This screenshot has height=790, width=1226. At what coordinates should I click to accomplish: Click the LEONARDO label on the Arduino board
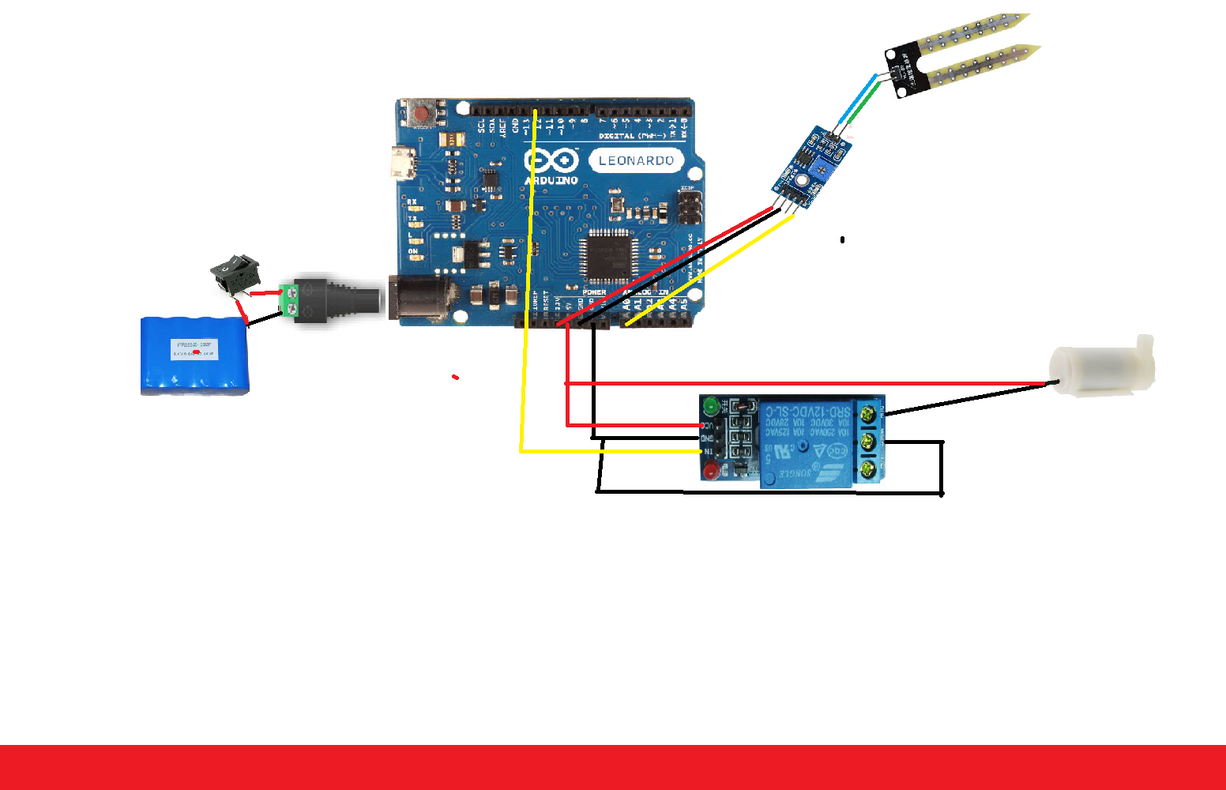636,160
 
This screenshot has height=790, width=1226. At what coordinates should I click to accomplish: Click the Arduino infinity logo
551,161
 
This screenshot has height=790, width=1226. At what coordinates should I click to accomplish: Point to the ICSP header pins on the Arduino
690,209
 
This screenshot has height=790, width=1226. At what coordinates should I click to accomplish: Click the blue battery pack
194,355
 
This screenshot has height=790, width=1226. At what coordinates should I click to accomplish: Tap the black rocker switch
235,271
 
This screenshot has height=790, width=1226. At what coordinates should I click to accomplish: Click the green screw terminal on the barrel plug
290,301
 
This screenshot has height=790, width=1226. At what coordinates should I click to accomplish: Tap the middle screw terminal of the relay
869,442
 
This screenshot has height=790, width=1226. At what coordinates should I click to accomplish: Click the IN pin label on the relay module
709,451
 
